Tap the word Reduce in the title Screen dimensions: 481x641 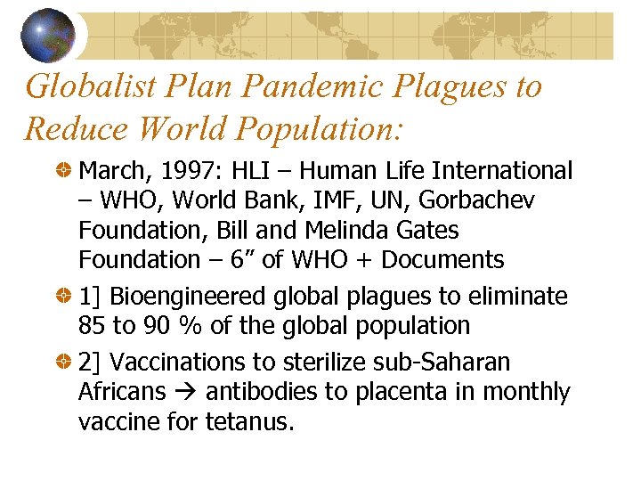[72, 128]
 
